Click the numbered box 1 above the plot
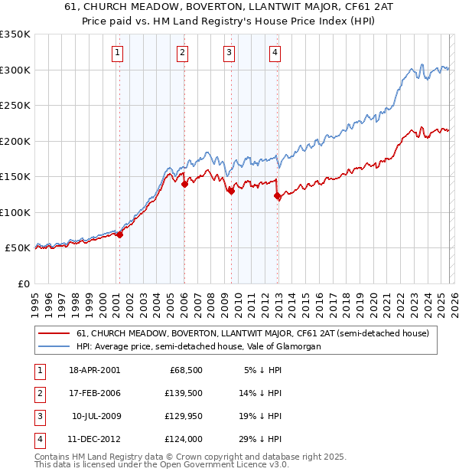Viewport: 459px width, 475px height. (x=118, y=53)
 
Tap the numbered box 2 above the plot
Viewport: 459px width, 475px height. (x=183, y=53)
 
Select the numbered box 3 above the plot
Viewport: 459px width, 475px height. (x=229, y=53)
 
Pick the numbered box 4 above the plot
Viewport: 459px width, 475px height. (x=275, y=53)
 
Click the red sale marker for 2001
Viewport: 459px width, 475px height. (x=119, y=234)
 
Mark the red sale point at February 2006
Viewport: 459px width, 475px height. (x=184, y=184)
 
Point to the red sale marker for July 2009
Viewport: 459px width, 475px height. (x=230, y=192)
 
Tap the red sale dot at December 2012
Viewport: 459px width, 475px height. (x=277, y=196)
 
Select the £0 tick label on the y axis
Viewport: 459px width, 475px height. (x=22, y=284)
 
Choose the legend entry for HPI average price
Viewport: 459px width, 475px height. (x=199, y=346)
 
